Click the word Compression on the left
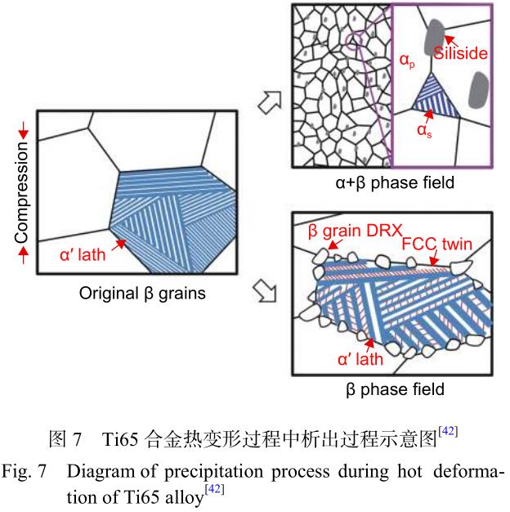click(21, 193)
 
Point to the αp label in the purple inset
click(405, 59)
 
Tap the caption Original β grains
click(137, 292)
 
